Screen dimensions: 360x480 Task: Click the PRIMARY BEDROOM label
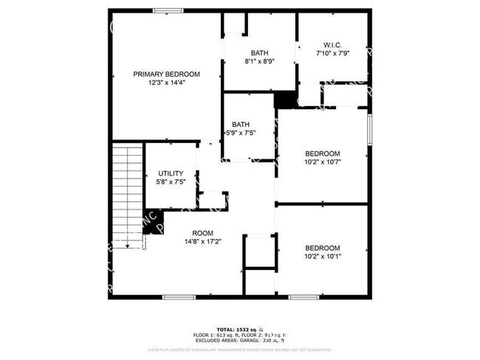[x=166, y=74]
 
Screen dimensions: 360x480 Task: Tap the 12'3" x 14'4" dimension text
[x=166, y=83]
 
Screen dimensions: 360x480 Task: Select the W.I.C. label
[x=332, y=44]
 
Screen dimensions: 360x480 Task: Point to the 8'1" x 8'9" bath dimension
[x=259, y=61]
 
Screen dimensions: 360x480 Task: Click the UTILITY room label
[x=171, y=173]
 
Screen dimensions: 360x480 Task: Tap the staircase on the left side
[x=126, y=196]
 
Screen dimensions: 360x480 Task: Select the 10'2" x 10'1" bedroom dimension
[x=323, y=257]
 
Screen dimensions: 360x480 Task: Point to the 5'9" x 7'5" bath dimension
[x=241, y=134]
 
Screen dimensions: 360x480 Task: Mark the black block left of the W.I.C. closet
[x=284, y=99]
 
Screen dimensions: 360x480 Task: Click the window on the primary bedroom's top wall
[x=168, y=10]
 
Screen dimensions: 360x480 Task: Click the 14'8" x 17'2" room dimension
[x=203, y=241]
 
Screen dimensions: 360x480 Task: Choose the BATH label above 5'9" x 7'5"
[x=241, y=124]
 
